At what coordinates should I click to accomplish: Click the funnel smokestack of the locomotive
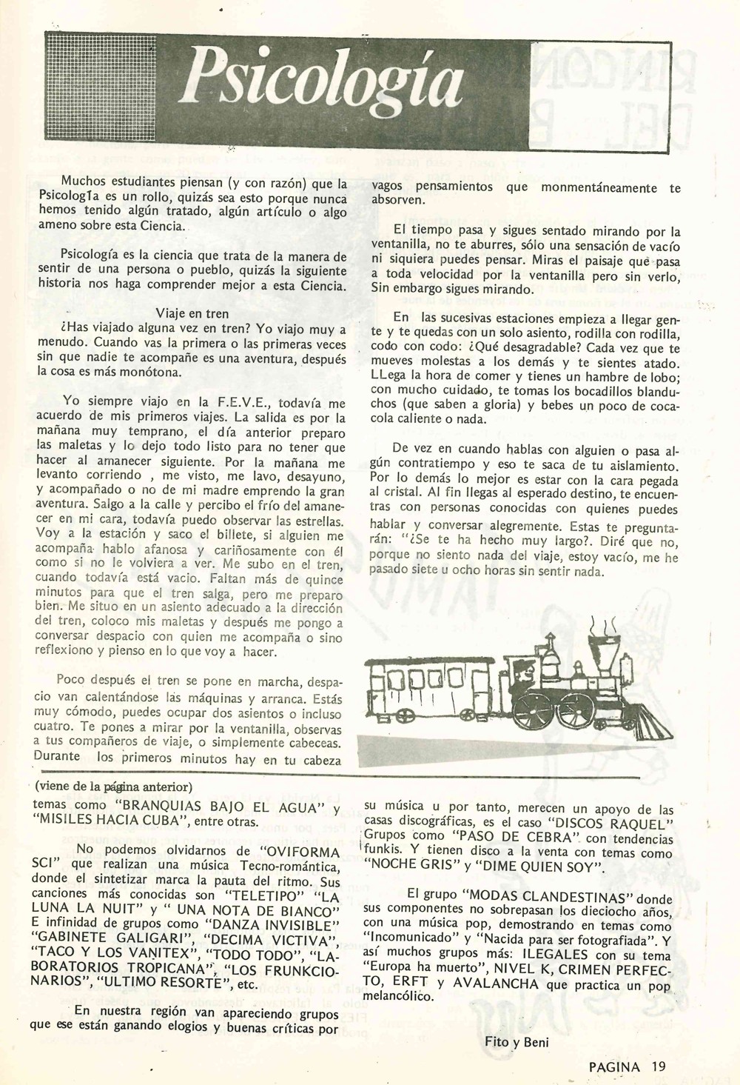[x=601, y=652]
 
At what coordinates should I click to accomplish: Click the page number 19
[x=659, y=1066]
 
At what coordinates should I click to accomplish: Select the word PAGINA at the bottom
[x=615, y=1066]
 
